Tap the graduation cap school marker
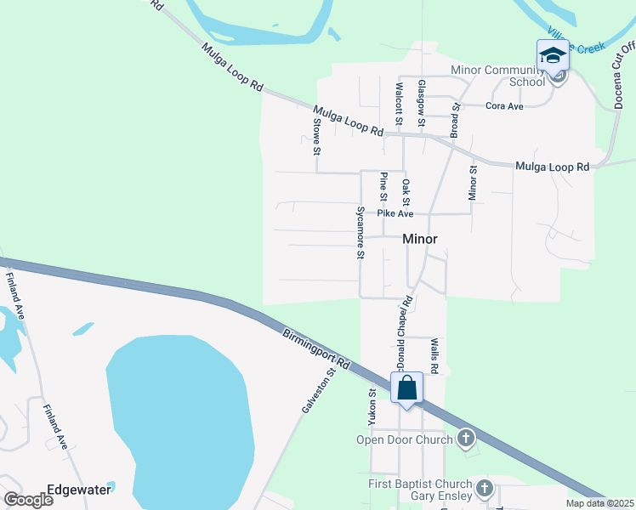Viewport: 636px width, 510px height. click(x=553, y=57)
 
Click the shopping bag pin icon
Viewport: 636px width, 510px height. click(x=407, y=388)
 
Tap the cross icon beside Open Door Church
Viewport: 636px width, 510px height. click(x=465, y=439)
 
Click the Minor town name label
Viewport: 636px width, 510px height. click(x=420, y=240)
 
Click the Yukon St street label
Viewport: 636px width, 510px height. click(x=372, y=407)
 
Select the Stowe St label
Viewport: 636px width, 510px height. click(x=316, y=136)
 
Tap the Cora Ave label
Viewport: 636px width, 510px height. click(x=504, y=106)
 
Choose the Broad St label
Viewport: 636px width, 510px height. click(x=455, y=120)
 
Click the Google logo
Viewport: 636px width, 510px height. click(x=28, y=499)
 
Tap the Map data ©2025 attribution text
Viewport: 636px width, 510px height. click(x=599, y=503)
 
